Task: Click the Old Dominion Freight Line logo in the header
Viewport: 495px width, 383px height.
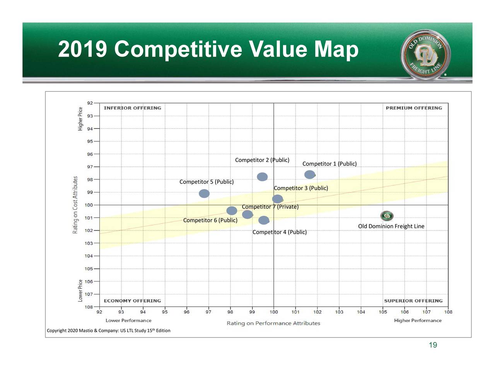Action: pos(425,54)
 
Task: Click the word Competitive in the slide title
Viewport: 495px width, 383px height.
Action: pos(178,50)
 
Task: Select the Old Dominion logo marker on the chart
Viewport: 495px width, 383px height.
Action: pos(387,216)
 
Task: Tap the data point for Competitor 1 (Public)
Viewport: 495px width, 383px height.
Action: pos(309,175)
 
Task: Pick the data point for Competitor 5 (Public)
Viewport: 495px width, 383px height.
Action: pos(204,193)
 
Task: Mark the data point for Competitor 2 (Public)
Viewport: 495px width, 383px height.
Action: pos(262,177)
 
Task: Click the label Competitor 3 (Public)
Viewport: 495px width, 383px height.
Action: pos(300,188)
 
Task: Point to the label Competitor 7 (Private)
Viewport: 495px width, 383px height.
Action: pos(270,207)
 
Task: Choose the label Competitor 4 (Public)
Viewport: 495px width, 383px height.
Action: pos(279,232)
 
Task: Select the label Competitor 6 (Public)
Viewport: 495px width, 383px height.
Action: pos(210,220)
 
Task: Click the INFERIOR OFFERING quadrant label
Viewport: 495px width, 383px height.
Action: pos(132,108)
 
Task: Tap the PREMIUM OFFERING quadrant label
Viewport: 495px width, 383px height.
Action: pos(413,108)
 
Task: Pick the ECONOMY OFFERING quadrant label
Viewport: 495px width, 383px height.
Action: pos(132,301)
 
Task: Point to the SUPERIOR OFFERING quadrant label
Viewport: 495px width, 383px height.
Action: pos(413,301)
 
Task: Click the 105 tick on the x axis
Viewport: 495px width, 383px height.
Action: pos(383,312)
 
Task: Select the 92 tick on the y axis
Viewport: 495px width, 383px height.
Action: pos(90,103)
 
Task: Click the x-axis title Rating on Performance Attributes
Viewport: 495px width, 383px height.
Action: pos(273,323)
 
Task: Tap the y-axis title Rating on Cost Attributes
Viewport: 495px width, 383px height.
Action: pos(75,205)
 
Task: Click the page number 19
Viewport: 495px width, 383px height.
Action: pos(433,345)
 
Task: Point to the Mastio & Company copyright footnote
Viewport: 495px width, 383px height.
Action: pos(108,330)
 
